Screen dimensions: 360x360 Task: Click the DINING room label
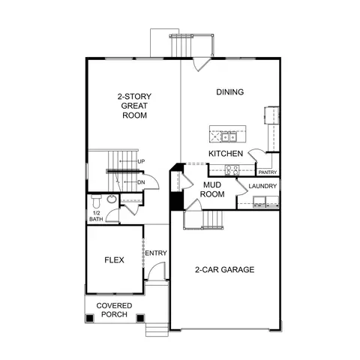[x=230, y=92]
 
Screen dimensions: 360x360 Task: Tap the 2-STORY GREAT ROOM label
[x=134, y=106]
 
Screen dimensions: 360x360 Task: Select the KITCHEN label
[x=226, y=154]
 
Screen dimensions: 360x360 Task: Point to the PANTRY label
[x=268, y=172]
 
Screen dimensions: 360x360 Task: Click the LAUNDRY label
[x=262, y=186]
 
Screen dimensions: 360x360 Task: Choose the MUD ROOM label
[x=212, y=190]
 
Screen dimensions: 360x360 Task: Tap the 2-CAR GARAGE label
[x=225, y=269]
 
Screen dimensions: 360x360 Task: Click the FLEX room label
[x=114, y=260]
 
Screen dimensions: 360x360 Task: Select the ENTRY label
[x=156, y=253]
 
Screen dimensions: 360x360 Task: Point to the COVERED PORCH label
[x=114, y=310]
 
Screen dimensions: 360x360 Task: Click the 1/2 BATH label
[x=96, y=216]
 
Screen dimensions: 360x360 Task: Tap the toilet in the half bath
[x=96, y=201]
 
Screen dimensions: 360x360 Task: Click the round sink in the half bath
[x=112, y=199]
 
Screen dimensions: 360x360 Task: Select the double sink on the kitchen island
[x=229, y=137]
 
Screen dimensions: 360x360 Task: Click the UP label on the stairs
[x=141, y=161]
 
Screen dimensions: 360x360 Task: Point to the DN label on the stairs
[x=141, y=182]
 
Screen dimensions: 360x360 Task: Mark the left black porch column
[x=90, y=318]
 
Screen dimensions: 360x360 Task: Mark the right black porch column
[x=140, y=318]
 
